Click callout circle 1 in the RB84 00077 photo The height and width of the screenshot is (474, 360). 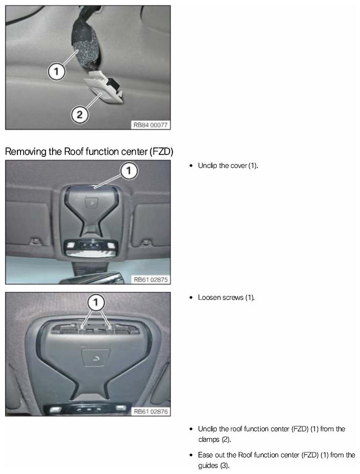(x=56, y=72)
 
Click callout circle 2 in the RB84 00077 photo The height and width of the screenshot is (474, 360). (x=80, y=115)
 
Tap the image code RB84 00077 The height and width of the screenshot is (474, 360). (x=150, y=125)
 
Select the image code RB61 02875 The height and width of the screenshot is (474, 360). (x=150, y=279)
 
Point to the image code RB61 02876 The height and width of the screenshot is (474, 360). (x=150, y=411)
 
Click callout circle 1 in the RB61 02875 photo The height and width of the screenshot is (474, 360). (x=129, y=171)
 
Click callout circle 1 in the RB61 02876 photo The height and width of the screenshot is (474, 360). (x=96, y=302)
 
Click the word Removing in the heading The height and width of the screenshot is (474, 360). (x=26, y=151)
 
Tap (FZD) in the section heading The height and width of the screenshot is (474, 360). (x=161, y=151)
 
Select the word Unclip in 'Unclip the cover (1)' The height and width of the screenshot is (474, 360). (x=208, y=166)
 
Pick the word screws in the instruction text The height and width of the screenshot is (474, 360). (x=233, y=298)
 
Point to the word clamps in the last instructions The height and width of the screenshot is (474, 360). (x=209, y=439)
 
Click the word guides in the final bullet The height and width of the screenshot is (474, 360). (x=208, y=465)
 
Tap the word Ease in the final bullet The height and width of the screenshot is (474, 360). (x=205, y=455)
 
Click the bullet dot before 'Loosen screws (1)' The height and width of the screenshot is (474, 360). (x=191, y=298)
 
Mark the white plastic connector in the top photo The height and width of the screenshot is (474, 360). (x=103, y=88)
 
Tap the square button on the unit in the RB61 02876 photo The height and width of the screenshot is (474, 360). (x=96, y=358)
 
